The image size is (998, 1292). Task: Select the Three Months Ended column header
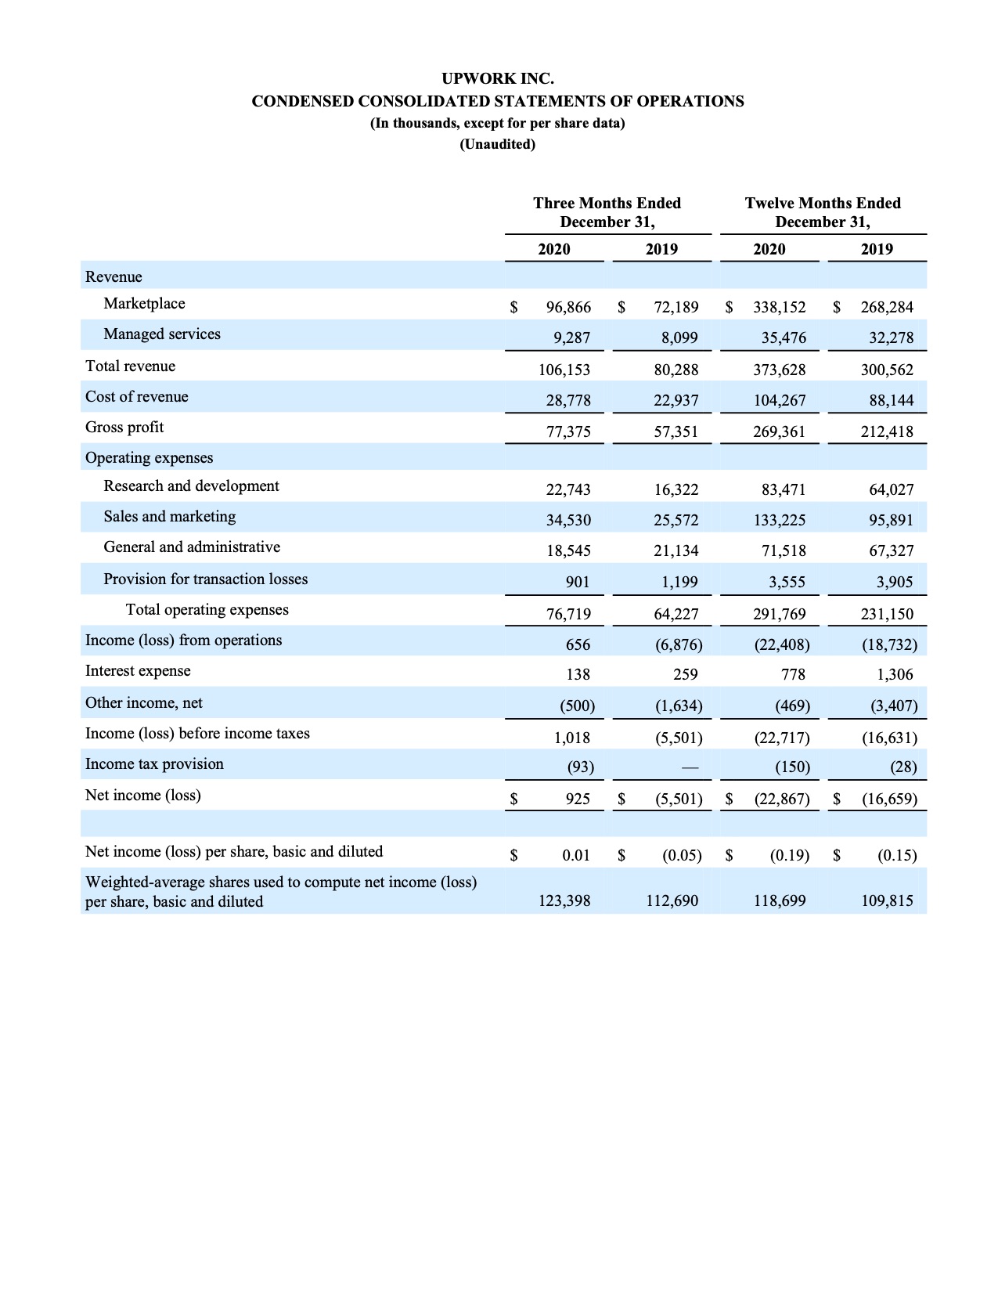tap(607, 212)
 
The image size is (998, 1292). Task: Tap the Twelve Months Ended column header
tap(822, 212)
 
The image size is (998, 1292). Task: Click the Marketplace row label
tap(144, 304)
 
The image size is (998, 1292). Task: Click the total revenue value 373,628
tap(779, 370)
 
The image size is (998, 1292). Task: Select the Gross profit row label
tap(124, 428)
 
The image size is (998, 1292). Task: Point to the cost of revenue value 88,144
tap(891, 400)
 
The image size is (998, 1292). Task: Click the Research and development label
tap(191, 486)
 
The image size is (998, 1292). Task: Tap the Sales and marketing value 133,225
tap(779, 520)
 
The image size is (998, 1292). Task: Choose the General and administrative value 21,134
tap(676, 550)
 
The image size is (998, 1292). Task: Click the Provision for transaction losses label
tap(205, 579)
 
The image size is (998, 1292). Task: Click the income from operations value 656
tap(578, 644)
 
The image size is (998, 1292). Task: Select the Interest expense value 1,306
tap(895, 674)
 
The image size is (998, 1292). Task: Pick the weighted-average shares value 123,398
tap(564, 901)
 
